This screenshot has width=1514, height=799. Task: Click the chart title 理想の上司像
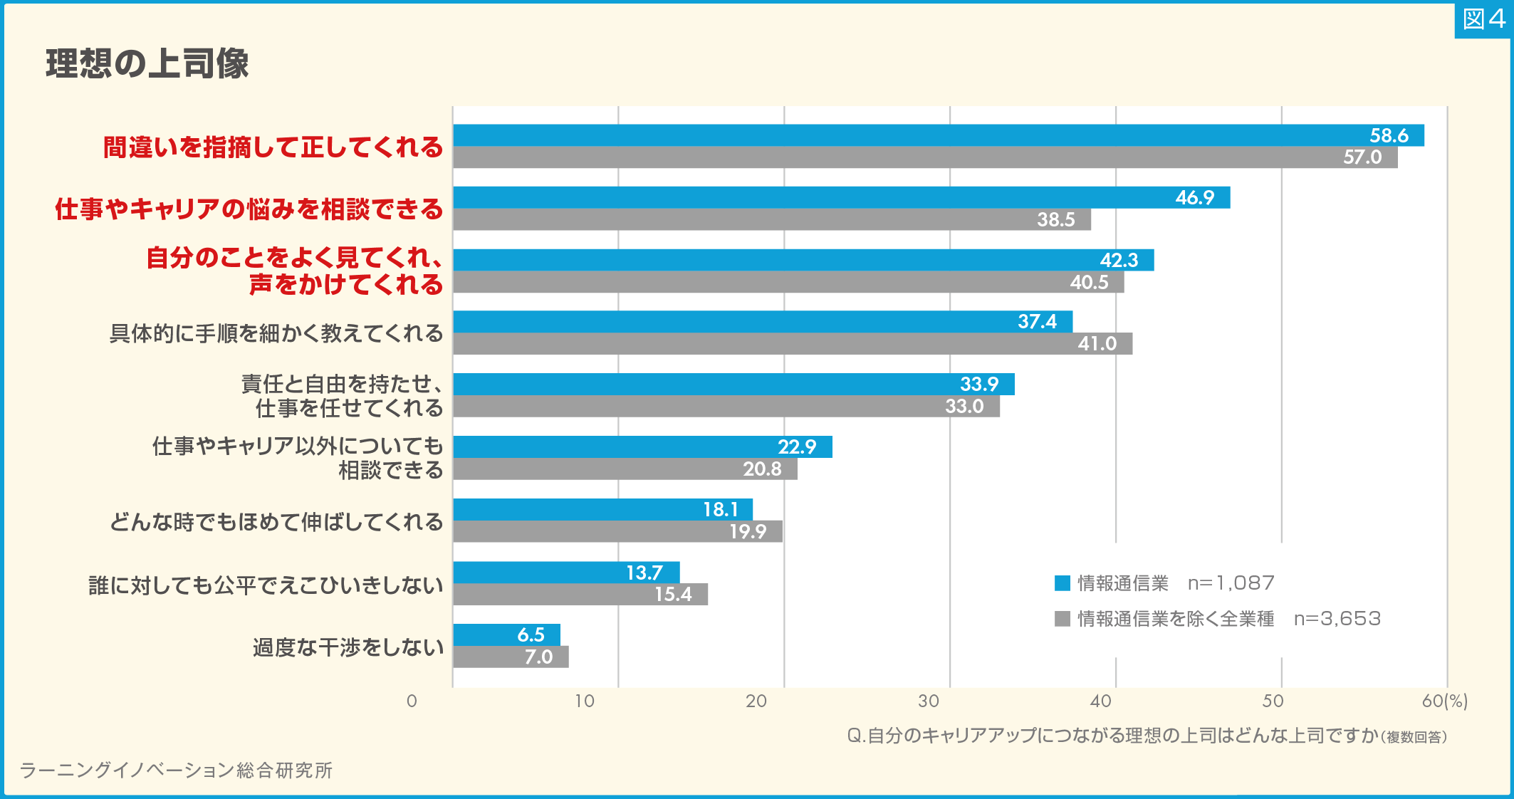(147, 63)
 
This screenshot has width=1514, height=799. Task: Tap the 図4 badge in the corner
(1483, 19)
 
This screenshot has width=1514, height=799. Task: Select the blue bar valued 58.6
(938, 135)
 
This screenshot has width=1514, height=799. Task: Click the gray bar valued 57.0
(924, 157)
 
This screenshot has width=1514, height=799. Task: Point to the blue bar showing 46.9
(841, 197)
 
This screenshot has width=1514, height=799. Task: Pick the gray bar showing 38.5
(771, 219)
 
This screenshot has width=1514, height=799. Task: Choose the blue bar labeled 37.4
(762, 321)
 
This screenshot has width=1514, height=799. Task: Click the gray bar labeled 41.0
(792, 343)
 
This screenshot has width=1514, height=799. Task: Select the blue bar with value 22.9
(642, 446)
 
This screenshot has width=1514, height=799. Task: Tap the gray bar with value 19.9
(617, 531)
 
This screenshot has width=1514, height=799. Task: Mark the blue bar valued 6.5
(506, 634)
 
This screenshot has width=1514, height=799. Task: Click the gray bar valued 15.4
(580, 594)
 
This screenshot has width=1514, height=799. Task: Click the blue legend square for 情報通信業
(1062, 583)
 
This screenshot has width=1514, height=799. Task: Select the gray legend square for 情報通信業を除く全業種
(1062, 618)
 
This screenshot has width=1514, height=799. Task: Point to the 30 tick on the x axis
(928, 701)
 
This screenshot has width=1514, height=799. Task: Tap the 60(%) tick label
(1444, 701)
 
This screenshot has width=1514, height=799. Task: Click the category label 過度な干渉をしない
(348, 647)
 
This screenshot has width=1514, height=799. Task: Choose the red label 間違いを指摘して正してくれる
(273, 147)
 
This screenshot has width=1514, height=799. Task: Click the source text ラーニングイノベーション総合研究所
(176, 770)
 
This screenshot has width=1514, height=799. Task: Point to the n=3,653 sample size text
(1337, 618)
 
